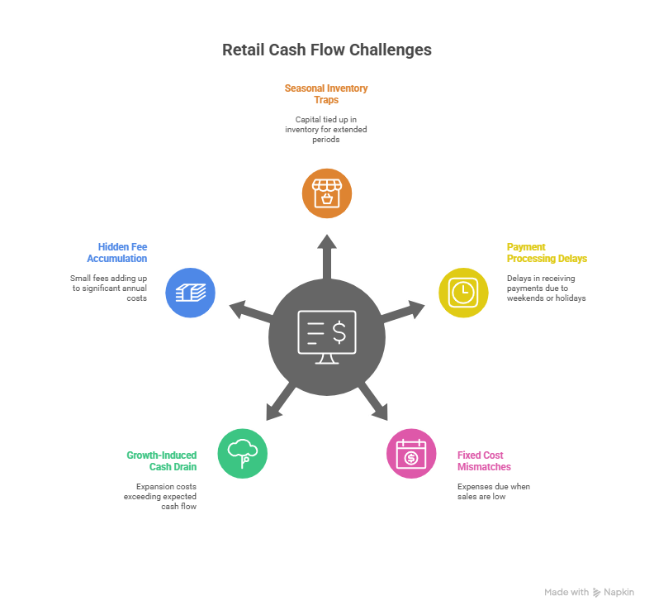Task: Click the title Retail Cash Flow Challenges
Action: click(326, 50)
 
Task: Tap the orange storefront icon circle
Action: click(326, 193)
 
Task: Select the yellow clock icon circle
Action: click(463, 292)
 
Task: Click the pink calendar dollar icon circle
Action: click(411, 453)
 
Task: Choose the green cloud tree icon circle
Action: click(243, 453)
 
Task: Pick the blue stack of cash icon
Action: click(191, 292)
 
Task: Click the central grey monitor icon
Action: click(327, 336)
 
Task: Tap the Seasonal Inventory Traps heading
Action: click(326, 93)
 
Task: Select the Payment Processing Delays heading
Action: click(546, 253)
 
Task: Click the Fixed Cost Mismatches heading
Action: click(484, 460)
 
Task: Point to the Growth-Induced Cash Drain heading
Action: click(162, 460)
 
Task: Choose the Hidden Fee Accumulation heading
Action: click(117, 253)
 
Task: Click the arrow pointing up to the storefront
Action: click(327, 251)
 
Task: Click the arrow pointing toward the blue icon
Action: click(250, 311)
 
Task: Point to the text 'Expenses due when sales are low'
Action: click(493, 492)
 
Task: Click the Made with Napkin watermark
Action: click(589, 593)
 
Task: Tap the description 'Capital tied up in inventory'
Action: click(326, 130)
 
